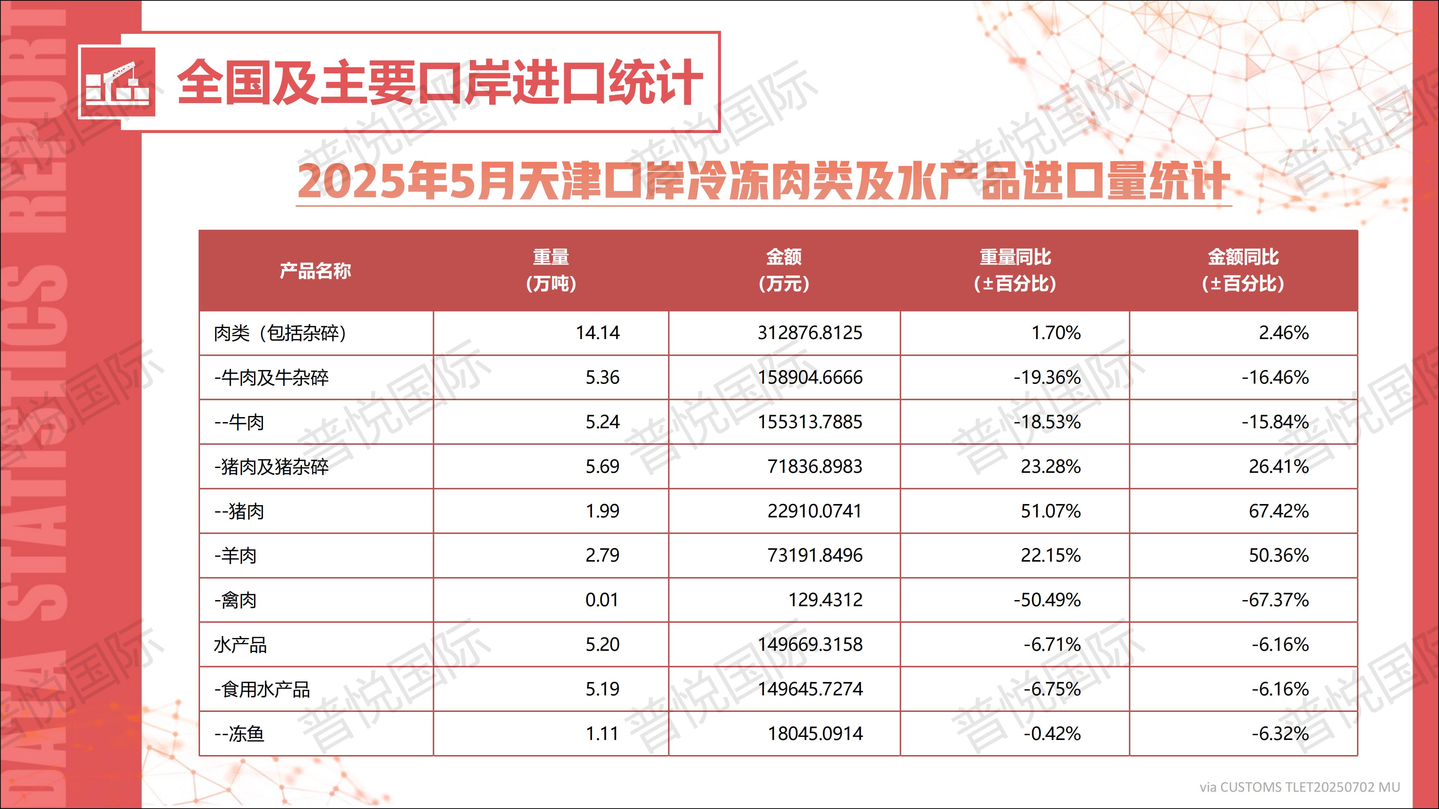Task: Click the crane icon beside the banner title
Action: tap(117, 82)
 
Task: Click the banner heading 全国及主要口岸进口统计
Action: tap(440, 82)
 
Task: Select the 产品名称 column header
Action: tap(315, 271)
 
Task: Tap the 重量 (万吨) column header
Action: tap(551, 270)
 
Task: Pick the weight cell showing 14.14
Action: tap(597, 333)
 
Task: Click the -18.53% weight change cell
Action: tap(1047, 422)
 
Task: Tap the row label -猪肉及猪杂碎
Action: tap(272, 467)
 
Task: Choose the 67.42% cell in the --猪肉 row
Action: tap(1278, 511)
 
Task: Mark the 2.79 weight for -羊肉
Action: tap(602, 556)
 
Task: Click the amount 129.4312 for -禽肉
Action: tap(825, 600)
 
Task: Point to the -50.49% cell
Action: tap(1047, 600)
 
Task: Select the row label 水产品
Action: tap(240, 645)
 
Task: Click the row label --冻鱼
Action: tap(239, 733)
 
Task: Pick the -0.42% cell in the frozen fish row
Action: tap(1052, 733)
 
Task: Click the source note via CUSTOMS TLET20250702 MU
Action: tap(1299, 787)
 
